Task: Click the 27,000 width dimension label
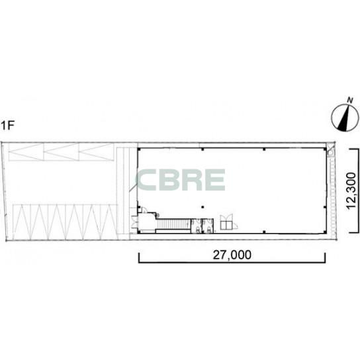232,255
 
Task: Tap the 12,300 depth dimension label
351,191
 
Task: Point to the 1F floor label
8,125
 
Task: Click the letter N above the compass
350,101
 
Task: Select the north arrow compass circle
345,118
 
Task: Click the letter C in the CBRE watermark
147,180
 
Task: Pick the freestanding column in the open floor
202,207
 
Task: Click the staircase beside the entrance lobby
173,224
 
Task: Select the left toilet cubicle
197,226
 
